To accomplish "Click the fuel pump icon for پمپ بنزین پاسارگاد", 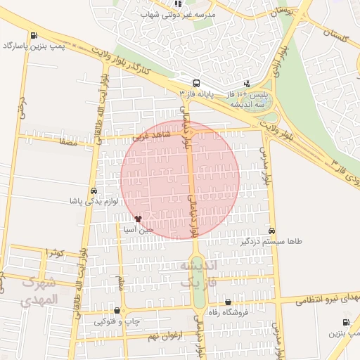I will coord(34,35).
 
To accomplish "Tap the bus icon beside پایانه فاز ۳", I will coord(195,82).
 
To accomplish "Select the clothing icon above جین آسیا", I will coord(147,219).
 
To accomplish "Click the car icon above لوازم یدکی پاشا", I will coord(94,191).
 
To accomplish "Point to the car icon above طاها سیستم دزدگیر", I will coord(272,231).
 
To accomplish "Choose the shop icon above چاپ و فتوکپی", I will coord(117,311).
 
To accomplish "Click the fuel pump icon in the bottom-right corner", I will coord(345,323).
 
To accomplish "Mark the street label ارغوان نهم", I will coord(164,337).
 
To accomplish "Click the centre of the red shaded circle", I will coord(180,180).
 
